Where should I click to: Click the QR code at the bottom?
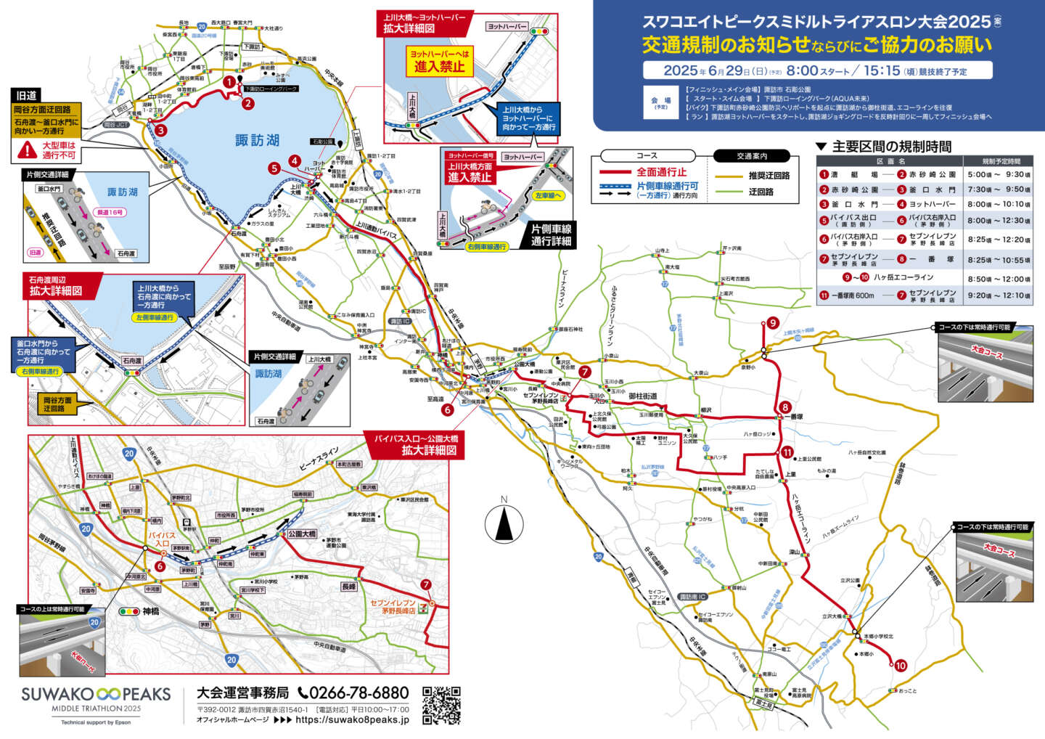click(441, 705)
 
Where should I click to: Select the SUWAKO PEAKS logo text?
click(96, 694)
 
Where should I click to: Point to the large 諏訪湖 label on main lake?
click(257, 140)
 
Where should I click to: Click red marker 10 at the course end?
click(901, 665)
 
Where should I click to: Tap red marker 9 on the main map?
click(773, 323)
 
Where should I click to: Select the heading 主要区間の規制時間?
click(891, 147)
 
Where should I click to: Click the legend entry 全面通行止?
click(661, 172)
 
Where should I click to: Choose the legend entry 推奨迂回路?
click(769, 176)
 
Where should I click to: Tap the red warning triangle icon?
click(28, 150)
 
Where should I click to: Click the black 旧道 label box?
click(27, 95)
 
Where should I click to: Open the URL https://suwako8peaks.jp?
click(352, 720)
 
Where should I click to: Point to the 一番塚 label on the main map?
click(795, 417)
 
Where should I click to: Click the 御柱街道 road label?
click(642, 396)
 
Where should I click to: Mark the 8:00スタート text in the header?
click(817, 70)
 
